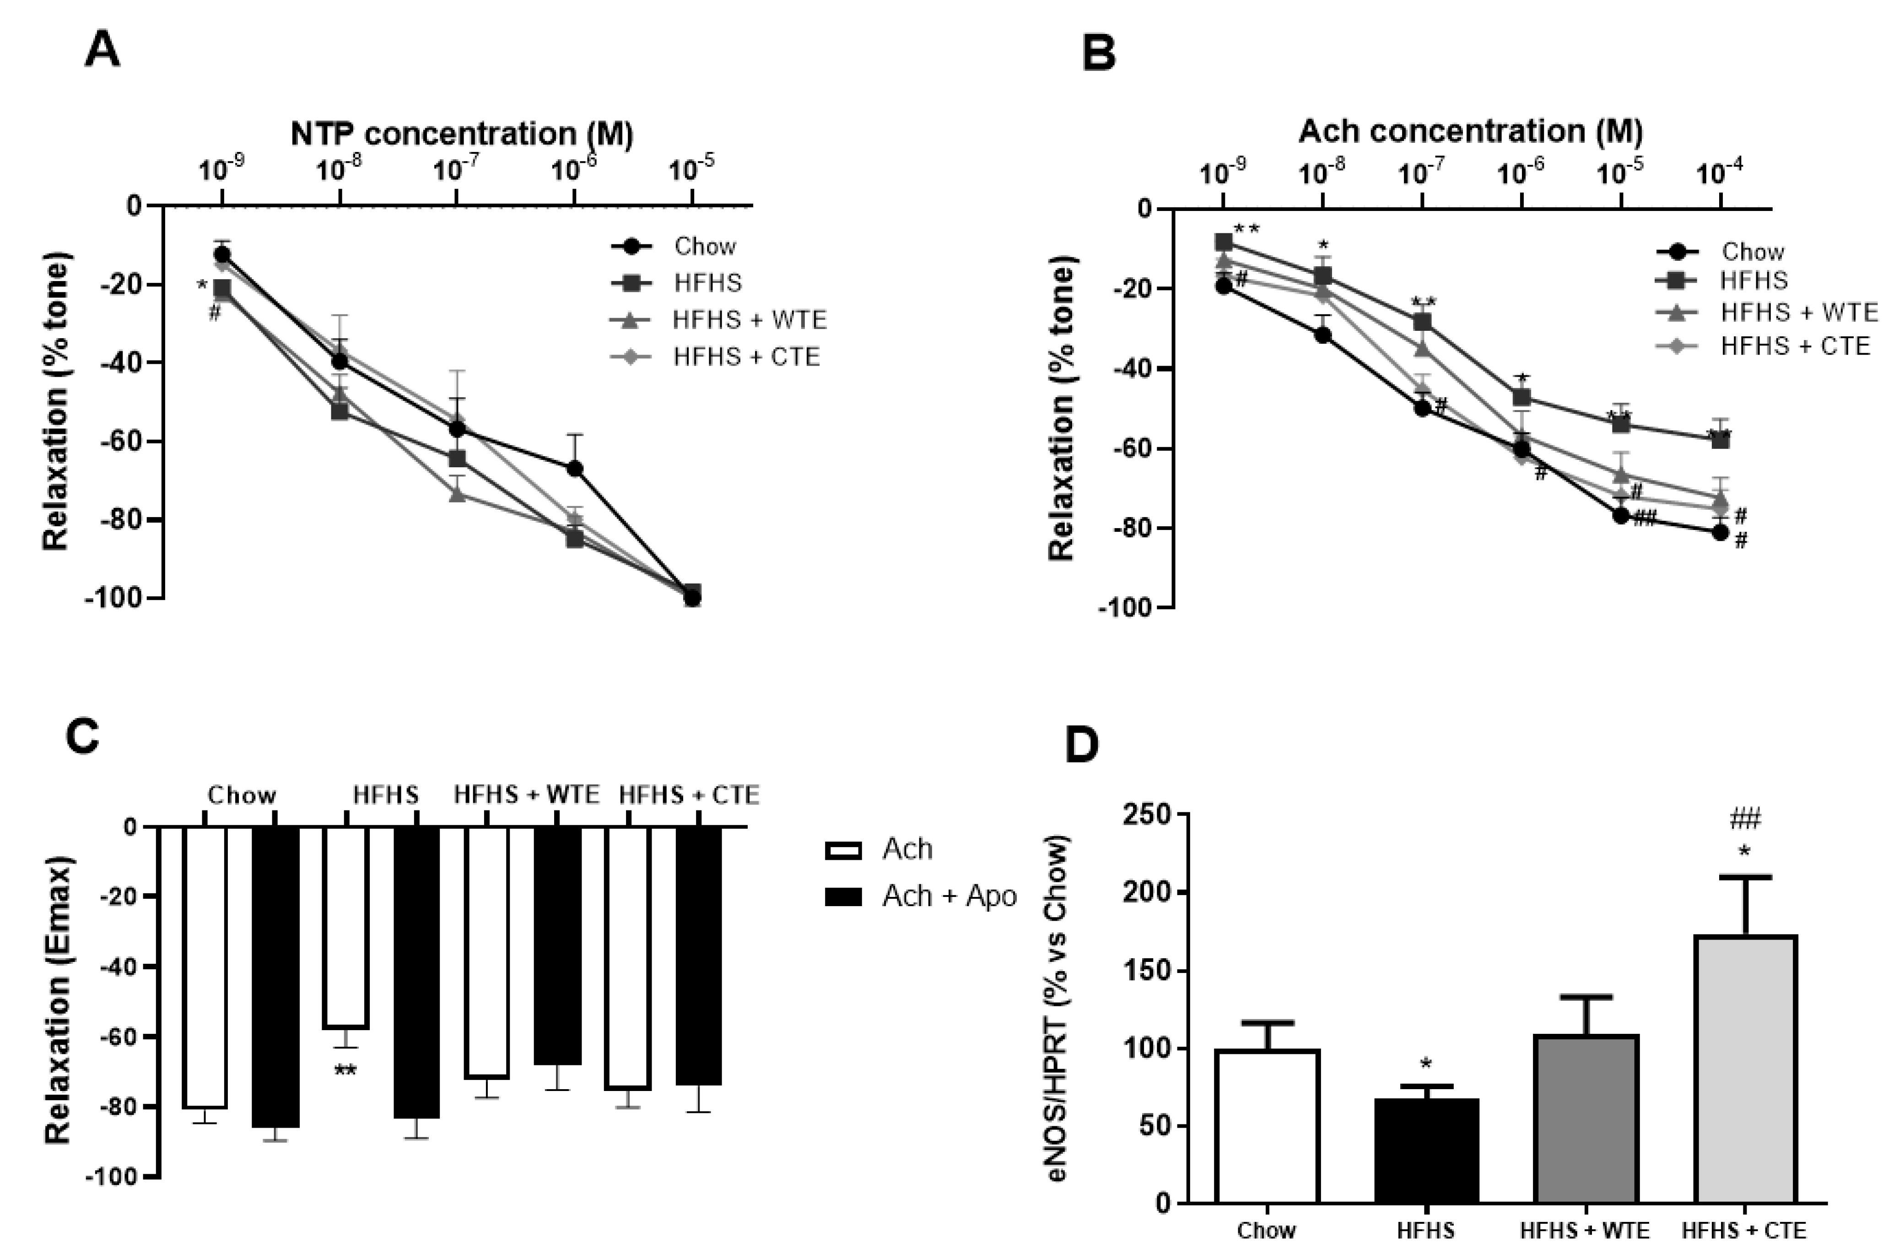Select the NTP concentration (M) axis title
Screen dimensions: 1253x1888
462,134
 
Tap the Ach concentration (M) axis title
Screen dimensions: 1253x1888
1470,131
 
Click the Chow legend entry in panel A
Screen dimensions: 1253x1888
703,246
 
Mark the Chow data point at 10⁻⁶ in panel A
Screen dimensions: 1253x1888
574,468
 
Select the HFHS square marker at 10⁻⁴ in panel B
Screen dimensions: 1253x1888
1720,439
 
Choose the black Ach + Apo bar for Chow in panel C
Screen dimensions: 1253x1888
275,977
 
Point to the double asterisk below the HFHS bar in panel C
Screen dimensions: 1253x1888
345,1071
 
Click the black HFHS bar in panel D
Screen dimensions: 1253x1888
1426,1150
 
